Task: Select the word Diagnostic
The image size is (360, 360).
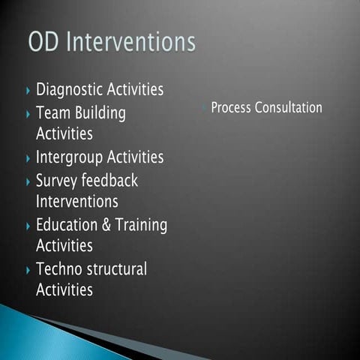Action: click(70, 90)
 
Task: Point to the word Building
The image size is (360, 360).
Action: click(100, 114)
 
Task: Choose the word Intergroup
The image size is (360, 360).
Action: click(70, 158)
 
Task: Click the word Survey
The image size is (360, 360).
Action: click(58, 181)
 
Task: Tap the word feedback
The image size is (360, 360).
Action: click(111, 181)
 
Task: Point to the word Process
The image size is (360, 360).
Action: click(231, 108)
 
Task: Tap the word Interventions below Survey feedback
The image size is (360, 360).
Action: click(77, 202)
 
